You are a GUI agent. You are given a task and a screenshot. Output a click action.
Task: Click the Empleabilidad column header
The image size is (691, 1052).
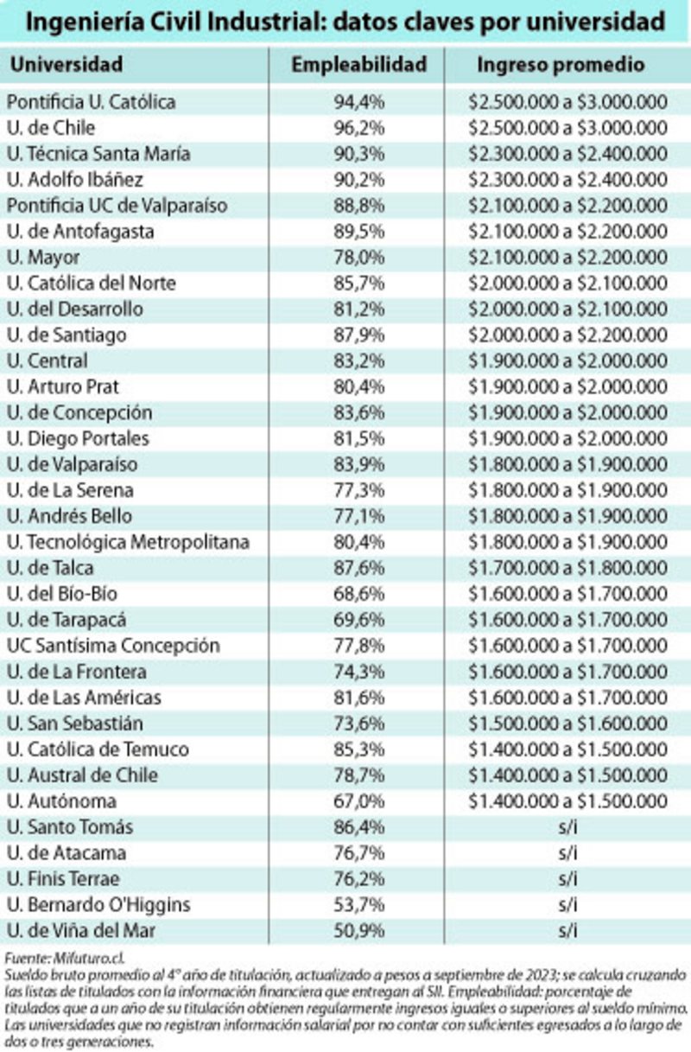[x=358, y=65]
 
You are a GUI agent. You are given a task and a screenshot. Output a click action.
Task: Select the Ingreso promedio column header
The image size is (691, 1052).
[x=561, y=65]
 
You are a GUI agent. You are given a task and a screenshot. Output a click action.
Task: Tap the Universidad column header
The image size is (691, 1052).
[x=67, y=65]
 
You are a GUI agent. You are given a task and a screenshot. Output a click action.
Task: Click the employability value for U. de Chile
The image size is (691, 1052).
[x=358, y=128]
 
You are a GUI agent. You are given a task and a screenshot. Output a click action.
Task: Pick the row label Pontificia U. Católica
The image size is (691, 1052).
[x=91, y=102]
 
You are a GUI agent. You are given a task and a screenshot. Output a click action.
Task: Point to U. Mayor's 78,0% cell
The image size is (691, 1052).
[x=358, y=258]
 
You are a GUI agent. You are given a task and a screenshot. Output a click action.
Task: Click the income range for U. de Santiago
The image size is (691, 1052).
[x=567, y=335]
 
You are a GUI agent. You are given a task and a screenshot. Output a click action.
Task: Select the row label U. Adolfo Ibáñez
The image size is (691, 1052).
[x=74, y=180]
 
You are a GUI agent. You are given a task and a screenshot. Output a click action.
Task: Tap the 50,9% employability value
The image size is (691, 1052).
[x=358, y=931]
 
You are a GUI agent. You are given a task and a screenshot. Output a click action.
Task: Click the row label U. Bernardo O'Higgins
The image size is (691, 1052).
[x=98, y=905]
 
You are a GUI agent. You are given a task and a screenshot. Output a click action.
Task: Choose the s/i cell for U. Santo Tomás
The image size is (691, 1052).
[x=567, y=827]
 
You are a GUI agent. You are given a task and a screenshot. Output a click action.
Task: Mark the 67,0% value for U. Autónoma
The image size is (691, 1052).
[x=358, y=801]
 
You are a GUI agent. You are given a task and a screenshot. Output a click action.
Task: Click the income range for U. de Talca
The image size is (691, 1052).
[x=567, y=568]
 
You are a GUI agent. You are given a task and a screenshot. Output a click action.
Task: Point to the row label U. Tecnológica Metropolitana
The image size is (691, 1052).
[x=128, y=542]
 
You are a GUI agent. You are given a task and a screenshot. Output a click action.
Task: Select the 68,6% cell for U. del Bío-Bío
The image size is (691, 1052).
[x=358, y=594]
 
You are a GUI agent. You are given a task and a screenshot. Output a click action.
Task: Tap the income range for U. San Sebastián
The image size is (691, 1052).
[x=567, y=724]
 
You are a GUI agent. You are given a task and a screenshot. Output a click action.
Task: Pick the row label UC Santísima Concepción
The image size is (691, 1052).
[x=113, y=646]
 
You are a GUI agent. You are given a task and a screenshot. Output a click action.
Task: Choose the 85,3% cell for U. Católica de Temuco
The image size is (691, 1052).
[x=358, y=749]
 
